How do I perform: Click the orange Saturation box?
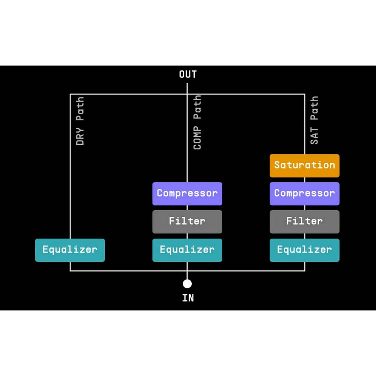pyautogui.click(x=304, y=165)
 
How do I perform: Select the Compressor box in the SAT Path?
pyautogui.click(x=304, y=194)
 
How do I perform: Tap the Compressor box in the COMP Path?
pyautogui.click(x=187, y=194)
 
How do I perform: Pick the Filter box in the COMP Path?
pyautogui.click(x=187, y=222)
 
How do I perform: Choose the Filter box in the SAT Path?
pyautogui.click(x=304, y=222)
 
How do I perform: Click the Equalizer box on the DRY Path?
pyautogui.click(x=70, y=250)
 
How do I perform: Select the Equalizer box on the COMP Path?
pyautogui.click(x=187, y=250)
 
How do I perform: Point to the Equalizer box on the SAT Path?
pyautogui.click(x=304, y=250)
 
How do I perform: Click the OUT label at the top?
pyautogui.click(x=188, y=74)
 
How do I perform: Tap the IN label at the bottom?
pyautogui.click(x=188, y=298)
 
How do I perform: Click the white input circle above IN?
pyautogui.click(x=187, y=283)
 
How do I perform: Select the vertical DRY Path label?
pyautogui.click(x=80, y=121)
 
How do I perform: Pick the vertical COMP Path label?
pyautogui.click(x=197, y=122)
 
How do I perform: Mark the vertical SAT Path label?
pyautogui.click(x=314, y=120)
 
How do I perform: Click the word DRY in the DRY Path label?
pyautogui.click(x=80, y=136)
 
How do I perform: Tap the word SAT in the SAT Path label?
pyautogui.click(x=314, y=136)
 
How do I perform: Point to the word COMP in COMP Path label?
pyautogui.click(x=197, y=138)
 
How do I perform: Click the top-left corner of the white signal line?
pyautogui.click(x=70, y=94)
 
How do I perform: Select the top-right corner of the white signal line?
pyautogui.click(x=305, y=94)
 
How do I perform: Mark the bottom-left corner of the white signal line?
pyautogui.click(x=70, y=271)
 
